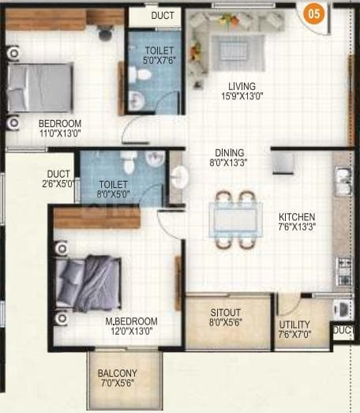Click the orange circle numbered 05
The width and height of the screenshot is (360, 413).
(314, 13)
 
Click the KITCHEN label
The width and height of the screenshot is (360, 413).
(296, 216)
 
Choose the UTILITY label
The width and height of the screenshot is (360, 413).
(294, 325)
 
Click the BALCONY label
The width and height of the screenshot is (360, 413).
(117, 373)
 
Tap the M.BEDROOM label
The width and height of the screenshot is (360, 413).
(131, 321)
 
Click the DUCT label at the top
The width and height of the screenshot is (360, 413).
(163, 15)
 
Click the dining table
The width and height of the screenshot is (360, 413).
(235, 216)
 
